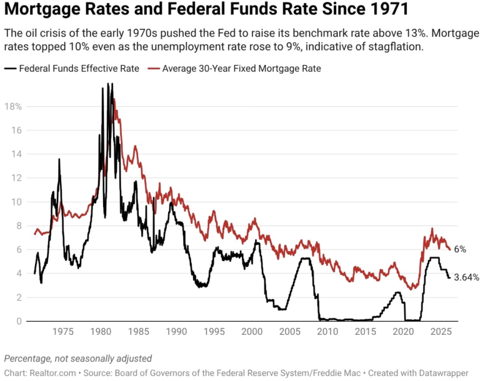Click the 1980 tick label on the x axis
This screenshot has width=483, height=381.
pyautogui.click(x=100, y=330)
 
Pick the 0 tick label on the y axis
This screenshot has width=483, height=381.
pyautogui.click(x=19, y=321)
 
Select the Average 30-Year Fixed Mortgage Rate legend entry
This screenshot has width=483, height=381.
pyautogui.click(x=241, y=69)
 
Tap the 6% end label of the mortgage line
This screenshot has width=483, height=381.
pyautogui.click(x=460, y=249)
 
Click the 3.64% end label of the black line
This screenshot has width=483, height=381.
pyautogui.click(x=466, y=277)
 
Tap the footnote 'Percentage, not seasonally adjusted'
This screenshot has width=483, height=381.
pyautogui.click(x=77, y=359)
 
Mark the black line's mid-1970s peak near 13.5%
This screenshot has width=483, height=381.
pyautogui.click(x=59, y=159)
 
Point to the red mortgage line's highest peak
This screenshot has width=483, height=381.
pyautogui.click(x=114, y=100)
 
